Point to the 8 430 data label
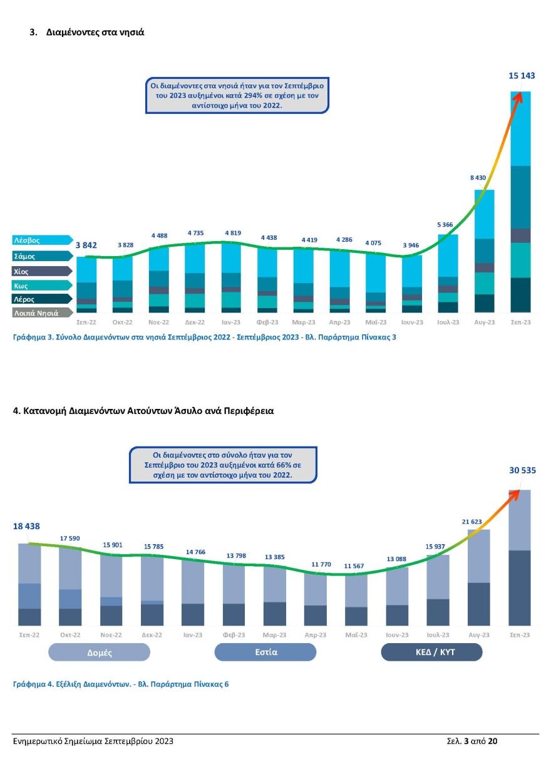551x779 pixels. [x=478, y=178]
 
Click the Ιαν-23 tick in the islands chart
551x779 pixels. [x=231, y=322]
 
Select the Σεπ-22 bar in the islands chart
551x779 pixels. [x=86, y=284]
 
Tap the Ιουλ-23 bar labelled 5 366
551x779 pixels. [x=448, y=273]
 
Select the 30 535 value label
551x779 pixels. [x=522, y=470]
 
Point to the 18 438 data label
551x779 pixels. [x=26, y=527]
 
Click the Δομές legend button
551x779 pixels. [x=100, y=653]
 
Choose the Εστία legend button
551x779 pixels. [x=265, y=652]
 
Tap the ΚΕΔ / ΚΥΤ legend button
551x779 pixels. [x=431, y=653]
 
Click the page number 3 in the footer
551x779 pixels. [x=466, y=741]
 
